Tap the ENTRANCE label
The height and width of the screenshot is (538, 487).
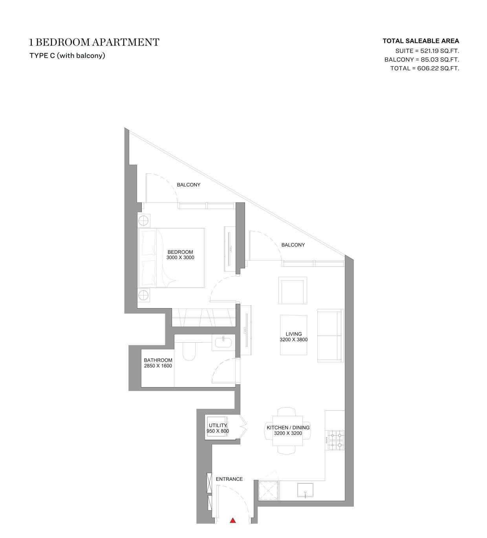229,479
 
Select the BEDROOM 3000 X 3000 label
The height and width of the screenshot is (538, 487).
180,255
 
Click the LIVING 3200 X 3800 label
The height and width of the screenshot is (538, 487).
293,336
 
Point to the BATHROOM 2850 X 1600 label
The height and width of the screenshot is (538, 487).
158,363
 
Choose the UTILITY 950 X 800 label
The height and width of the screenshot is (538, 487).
218,428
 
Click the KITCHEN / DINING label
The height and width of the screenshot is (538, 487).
288,428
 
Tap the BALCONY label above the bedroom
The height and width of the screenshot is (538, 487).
189,185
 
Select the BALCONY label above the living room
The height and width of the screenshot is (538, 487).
293,245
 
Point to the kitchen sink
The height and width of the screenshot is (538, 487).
305,490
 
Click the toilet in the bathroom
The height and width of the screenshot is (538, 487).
189,351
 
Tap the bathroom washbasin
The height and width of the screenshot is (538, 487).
223,342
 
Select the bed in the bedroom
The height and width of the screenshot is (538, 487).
171,258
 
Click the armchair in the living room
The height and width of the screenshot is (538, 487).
293,290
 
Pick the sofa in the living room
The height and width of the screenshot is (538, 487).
330,336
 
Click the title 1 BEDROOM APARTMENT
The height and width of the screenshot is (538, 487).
94,42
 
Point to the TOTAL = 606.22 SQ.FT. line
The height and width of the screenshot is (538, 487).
425,68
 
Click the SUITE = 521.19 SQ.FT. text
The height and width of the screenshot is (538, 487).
427,51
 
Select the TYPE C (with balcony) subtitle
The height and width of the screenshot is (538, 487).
67,55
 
